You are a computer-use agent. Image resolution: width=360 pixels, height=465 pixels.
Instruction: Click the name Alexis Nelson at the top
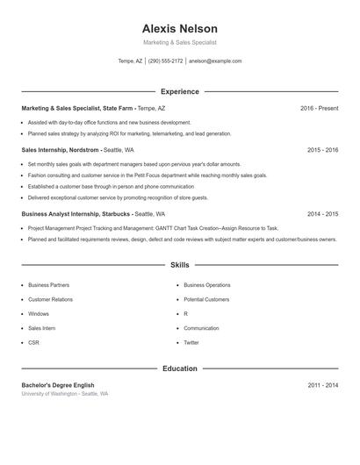[x=179, y=29]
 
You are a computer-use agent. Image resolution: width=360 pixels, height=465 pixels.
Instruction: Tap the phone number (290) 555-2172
[x=165, y=61]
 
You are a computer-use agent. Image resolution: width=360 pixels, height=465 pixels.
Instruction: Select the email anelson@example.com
[x=215, y=61]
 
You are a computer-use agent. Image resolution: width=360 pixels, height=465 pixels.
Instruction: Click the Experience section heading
[x=180, y=91]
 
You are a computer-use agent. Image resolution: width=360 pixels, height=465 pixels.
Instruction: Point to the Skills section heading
[x=180, y=264]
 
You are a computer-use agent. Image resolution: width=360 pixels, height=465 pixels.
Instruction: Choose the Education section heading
[x=180, y=368]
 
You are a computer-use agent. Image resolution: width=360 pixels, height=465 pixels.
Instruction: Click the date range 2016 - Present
[x=319, y=108]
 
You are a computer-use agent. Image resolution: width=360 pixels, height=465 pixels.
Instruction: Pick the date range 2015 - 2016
[x=322, y=150]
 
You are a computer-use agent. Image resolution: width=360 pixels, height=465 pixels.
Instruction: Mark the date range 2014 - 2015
[x=322, y=214]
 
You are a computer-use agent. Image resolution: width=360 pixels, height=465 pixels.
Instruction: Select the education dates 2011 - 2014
[x=322, y=385]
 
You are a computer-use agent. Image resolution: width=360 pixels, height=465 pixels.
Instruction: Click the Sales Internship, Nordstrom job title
[x=61, y=150]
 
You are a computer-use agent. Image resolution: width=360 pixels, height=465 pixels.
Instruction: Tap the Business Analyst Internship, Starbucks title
[x=76, y=214]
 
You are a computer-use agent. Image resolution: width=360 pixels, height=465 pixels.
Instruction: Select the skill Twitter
[x=191, y=342]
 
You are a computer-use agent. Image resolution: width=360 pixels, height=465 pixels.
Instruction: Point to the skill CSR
[x=33, y=342]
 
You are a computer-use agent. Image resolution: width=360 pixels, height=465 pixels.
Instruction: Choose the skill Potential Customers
[x=206, y=299]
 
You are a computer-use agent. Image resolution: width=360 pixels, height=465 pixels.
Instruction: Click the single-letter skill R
[x=186, y=313]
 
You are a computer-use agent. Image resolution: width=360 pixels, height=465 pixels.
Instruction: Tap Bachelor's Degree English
[x=58, y=385]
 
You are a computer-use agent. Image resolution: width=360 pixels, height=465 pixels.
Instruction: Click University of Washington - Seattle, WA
[x=65, y=394]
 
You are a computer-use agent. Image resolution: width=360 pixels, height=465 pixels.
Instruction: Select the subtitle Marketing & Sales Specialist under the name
[x=179, y=42]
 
